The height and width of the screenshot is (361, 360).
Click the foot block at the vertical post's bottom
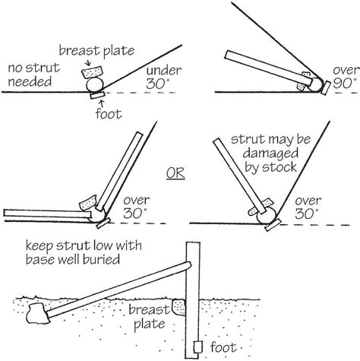click(197, 347)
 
